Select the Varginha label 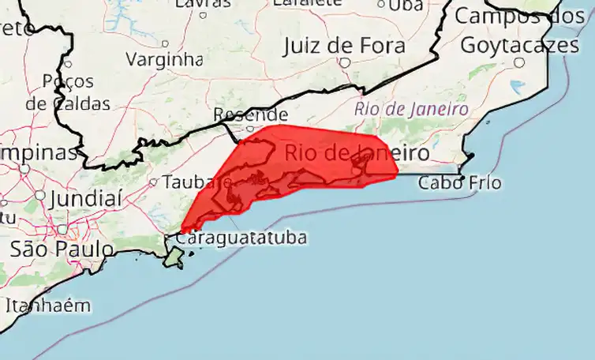click(x=164, y=59)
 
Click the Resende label click(x=250, y=115)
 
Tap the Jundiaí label click(x=85, y=199)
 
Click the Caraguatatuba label click(x=241, y=237)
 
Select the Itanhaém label click(x=48, y=305)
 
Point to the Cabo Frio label click(x=459, y=183)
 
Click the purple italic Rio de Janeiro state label click(x=411, y=109)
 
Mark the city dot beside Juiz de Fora click(x=345, y=62)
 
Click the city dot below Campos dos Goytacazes click(x=519, y=62)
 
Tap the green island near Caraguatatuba click(x=174, y=257)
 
